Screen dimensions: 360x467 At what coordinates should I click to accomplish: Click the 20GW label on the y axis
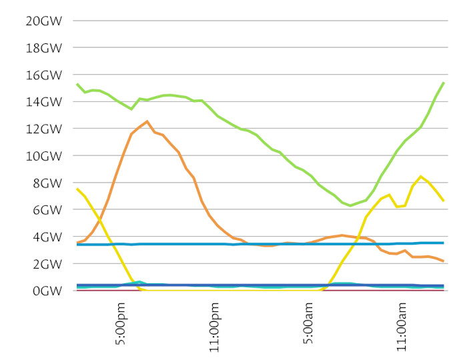click(43, 21)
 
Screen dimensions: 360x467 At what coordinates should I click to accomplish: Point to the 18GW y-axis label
click(43, 48)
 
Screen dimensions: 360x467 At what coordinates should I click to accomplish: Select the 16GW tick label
click(43, 75)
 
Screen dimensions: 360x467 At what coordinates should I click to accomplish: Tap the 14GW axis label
click(43, 102)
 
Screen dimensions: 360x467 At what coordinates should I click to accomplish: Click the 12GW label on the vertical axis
click(43, 129)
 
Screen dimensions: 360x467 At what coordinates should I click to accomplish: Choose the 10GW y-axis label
click(43, 156)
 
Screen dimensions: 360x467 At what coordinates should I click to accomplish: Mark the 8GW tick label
click(47, 183)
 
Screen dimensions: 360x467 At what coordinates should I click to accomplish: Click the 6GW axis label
click(47, 210)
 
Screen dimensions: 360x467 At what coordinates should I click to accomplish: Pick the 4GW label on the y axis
click(47, 237)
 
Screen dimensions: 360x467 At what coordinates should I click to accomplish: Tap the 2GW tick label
click(47, 264)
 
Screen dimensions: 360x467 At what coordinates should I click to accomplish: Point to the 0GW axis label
click(47, 291)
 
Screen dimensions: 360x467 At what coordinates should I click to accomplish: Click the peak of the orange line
click(147, 121)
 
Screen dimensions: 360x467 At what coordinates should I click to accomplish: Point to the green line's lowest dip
click(350, 205)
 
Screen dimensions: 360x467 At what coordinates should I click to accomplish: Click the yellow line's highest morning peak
click(420, 177)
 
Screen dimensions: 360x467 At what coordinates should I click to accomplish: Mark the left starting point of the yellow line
click(77, 189)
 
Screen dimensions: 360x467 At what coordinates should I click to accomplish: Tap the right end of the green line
click(444, 83)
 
